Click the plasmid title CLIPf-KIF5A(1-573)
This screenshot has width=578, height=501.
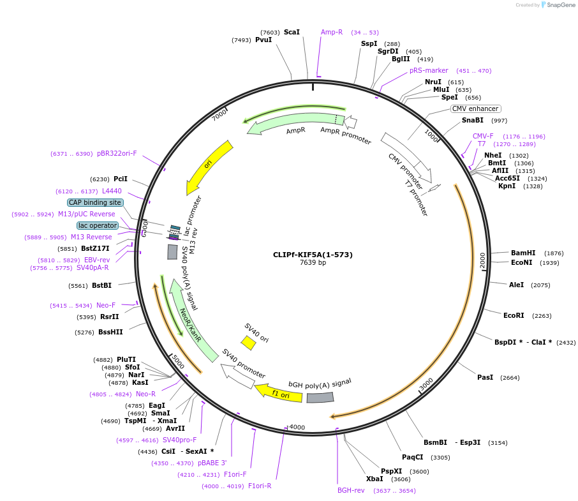[313, 255]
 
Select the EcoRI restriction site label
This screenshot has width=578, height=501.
[514, 315]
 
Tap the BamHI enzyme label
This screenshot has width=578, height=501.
[523, 253]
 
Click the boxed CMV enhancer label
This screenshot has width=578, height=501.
[475, 108]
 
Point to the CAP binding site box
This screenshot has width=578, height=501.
[95, 202]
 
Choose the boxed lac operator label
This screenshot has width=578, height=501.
[98, 225]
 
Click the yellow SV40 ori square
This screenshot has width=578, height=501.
[248, 343]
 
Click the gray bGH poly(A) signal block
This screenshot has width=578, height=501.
[320, 398]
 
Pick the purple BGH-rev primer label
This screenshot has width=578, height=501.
[351, 490]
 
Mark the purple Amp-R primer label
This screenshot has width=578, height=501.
[332, 32]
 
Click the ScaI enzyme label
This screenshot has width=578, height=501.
[292, 32]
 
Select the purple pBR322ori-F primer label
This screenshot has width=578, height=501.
[117, 153]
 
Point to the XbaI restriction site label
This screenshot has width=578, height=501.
[374, 479]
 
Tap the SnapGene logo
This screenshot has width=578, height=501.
[558, 5]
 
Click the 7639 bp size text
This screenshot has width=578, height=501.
[313, 263]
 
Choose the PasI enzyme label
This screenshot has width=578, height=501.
[485, 377]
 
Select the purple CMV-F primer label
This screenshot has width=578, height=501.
[483, 136]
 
